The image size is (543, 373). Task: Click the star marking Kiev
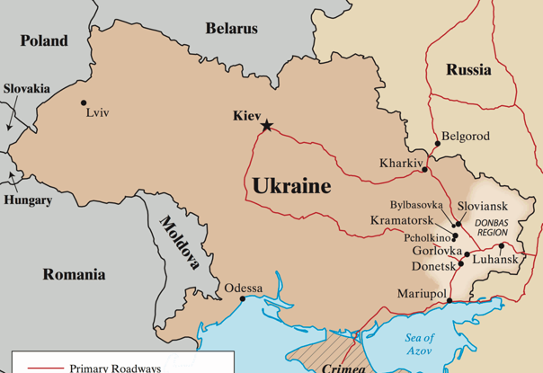(267, 126)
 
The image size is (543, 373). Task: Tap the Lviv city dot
(84, 102)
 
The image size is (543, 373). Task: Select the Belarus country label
(231, 29)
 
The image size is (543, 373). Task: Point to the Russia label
(468, 69)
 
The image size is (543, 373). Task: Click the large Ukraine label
(291, 186)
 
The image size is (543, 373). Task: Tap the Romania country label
(74, 274)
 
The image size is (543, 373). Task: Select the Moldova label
(181, 243)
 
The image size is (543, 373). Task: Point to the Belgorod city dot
(438, 143)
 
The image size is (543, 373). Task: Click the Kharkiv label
(400, 164)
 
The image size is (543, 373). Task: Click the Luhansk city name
(495, 260)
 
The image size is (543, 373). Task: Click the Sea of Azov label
(419, 344)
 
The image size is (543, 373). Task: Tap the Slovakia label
(27, 89)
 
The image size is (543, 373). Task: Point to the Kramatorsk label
(403, 220)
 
